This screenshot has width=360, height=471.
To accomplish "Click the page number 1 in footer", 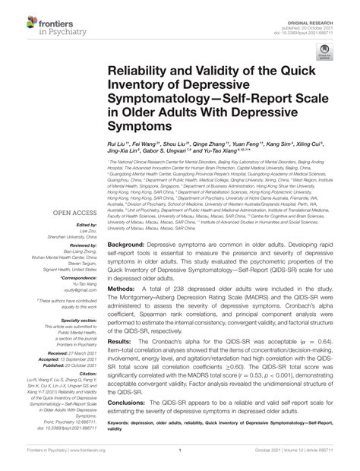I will (178, 459).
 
